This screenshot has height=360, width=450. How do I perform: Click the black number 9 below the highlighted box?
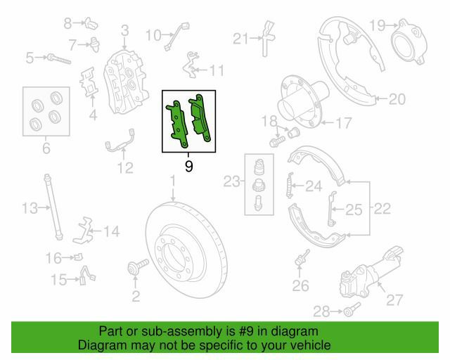pyautogui.click(x=188, y=166)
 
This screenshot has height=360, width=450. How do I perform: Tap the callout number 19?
pyautogui.click(x=377, y=25)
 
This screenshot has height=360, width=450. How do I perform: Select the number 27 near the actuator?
pyautogui.click(x=394, y=300)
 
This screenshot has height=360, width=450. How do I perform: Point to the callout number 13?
pyautogui.click(x=30, y=208)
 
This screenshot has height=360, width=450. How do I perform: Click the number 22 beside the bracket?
pyautogui.click(x=382, y=209)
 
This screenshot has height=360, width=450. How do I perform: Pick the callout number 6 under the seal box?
pyautogui.click(x=46, y=148)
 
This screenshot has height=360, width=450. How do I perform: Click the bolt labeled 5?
pyautogui.click(x=59, y=59)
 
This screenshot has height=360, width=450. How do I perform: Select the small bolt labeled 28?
pyautogui.click(x=352, y=309)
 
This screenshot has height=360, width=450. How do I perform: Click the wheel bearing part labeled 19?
pyautogui.click(x=409, y=41)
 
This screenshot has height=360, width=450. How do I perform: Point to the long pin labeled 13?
pyautogui.click(x=53, y=207)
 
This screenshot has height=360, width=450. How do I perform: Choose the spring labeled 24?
pyautogui.click(x=290, y=186)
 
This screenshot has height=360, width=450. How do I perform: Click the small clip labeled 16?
pyautogui.click(x=78, y=257)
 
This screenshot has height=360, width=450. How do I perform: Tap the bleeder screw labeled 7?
pyautogui.click(x=95, y=44)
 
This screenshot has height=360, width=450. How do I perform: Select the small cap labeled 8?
pyautogui.click(x=91, y=23)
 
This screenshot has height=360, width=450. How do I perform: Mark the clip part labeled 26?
pyautogui.click(x=302, y=258)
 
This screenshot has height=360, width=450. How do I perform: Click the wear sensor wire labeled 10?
pyautogui.click(x=177, y=37)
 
